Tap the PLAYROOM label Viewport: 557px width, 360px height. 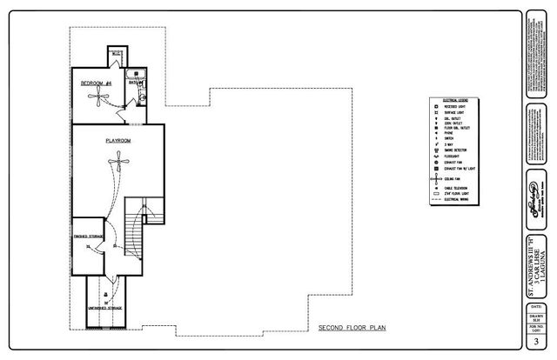click(118, 139)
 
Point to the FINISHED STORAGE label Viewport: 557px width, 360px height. click(90, 236)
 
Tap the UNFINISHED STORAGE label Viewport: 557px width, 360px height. click(104, 308)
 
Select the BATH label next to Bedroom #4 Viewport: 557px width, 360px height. click(134, 83)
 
